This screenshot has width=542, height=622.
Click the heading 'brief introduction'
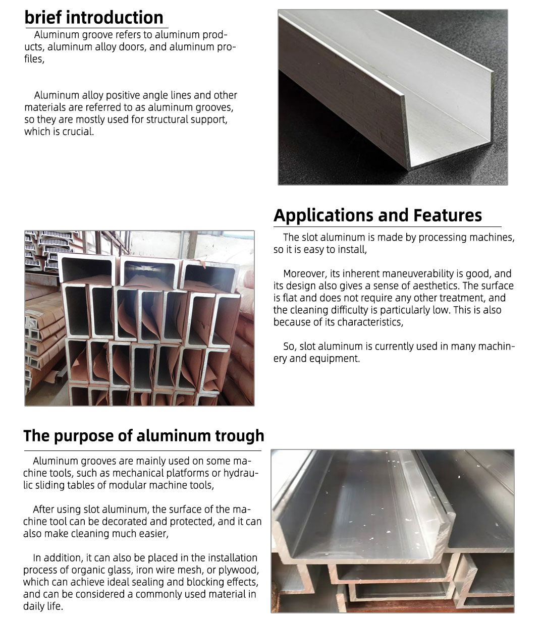94,18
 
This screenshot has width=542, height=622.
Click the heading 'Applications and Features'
377,215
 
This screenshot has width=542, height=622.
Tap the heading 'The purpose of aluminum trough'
143,436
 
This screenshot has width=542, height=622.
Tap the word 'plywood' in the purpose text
237,570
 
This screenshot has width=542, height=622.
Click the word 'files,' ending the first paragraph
34,60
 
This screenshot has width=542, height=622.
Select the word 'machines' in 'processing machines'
492,238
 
